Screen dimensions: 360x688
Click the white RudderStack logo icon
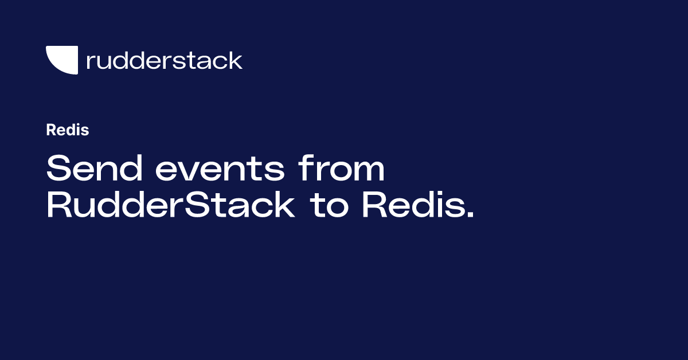coord(62,60)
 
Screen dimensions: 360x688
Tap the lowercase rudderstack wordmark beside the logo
coord(164,60)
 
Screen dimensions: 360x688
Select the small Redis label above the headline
coord(67,130)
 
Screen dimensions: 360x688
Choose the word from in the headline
coord(341,169)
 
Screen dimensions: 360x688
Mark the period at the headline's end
coord(471,216)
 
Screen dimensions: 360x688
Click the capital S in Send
coord(58,169)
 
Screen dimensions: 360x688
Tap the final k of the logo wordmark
coord(236,60)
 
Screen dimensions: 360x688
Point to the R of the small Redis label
coord(50,130)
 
